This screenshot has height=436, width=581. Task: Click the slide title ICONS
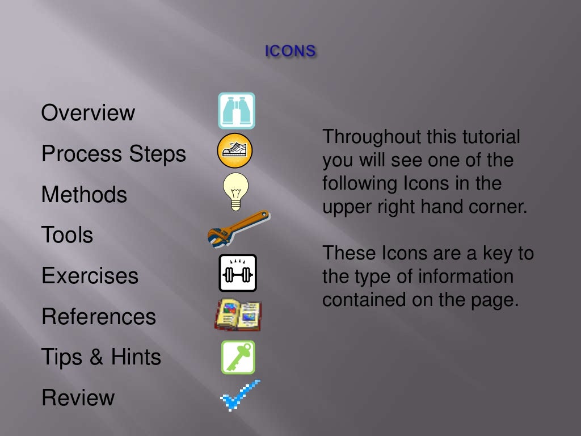290,51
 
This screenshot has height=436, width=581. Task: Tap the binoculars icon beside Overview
237,111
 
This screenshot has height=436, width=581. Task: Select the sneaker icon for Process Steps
234,150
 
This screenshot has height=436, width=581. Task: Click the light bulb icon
235,190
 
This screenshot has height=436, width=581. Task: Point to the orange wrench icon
238,227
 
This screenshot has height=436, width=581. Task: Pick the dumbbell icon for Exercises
238,272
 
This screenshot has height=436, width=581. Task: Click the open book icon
238,315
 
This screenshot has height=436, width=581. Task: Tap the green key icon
238,357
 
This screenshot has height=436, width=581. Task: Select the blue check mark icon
239,395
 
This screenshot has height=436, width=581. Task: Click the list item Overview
88,113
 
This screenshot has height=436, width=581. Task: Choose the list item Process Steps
113,154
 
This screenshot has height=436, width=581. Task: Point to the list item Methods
84,195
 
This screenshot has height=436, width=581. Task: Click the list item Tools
67,235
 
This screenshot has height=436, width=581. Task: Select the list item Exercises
90,276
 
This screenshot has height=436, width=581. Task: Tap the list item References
98,317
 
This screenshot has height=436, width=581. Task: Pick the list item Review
78,398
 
